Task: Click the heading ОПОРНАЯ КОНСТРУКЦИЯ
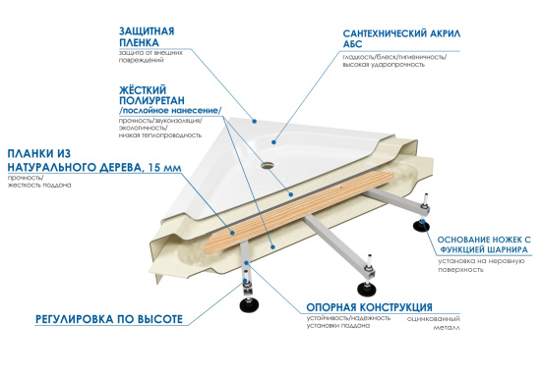coord(367,305)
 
